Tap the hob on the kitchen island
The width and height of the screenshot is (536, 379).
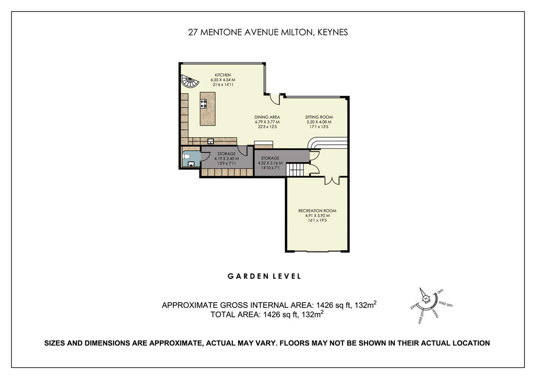205,104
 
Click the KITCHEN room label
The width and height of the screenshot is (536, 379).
223,75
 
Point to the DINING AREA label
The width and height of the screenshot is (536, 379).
267,117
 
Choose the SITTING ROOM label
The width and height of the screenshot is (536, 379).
319,117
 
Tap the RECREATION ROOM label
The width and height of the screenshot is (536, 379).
317,211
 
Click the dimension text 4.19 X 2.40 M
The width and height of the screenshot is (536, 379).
226,159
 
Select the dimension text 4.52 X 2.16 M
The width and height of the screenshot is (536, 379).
270,163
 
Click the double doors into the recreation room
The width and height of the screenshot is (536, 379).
331,180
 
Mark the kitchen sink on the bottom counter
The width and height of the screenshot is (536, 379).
211,142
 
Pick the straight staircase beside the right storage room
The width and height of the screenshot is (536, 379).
295,170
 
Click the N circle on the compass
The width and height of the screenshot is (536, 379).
426,299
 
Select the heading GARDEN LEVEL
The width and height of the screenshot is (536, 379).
264,276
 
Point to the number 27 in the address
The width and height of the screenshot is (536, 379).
193,32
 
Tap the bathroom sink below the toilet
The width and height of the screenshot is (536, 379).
191,164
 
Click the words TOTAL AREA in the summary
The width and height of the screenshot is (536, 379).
234,315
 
